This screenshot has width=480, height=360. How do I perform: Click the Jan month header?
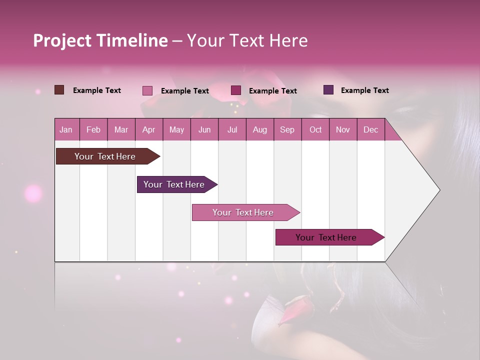pyautogui.click(x=66, y=129)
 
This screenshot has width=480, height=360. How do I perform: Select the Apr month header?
pyautogui.click(x=148, y=129)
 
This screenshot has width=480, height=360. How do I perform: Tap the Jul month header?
pyautogui.click(x=232, y=129)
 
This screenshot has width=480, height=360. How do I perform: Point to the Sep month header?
pyautogui.click(x=287, y=129)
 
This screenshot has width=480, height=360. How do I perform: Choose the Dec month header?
pyautogui.click(x=370, y=129)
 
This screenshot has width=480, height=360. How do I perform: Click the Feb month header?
pyautogui.click(x=93, y=129)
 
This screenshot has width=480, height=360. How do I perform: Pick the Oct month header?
pyautogui.click(x=315, y=129)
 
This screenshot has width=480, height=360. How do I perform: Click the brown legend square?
pyautogui.click(x=59, y=90)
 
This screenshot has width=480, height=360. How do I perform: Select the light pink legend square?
pyautogui.click(x=147, y=90)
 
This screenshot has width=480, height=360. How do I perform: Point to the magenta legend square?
pyautogui.click(x=236, y=90)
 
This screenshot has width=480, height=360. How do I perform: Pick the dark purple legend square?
pyautogui.click(x=328, y=90)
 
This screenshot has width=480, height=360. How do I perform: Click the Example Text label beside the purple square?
pyautogui.click(x=364, y=90)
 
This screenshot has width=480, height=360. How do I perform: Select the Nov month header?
pyautogui.click(x=343, y=129)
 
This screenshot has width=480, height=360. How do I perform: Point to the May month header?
pyautogui.click(x=176, y=129)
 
